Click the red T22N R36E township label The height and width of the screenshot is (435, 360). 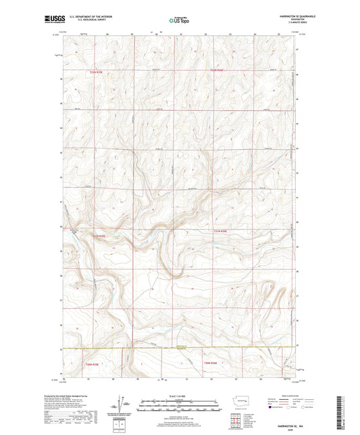coord(217,70)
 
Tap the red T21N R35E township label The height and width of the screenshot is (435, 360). coord(98,236)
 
